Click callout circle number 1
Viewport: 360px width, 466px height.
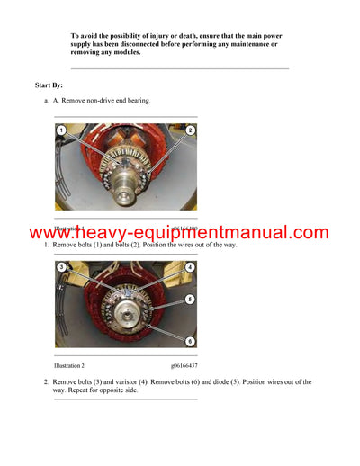click(60, 131)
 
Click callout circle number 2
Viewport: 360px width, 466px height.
click(191, 131)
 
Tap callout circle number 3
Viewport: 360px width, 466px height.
click(60, 267)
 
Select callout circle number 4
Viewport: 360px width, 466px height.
click(191, 267)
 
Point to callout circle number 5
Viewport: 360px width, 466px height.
click(191, 299)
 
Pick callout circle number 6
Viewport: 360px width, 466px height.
click(191, 341)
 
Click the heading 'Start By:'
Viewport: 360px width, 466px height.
click(49, 85)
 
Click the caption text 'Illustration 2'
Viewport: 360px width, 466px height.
click(69, 366)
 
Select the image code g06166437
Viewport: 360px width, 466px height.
click(184, 366)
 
